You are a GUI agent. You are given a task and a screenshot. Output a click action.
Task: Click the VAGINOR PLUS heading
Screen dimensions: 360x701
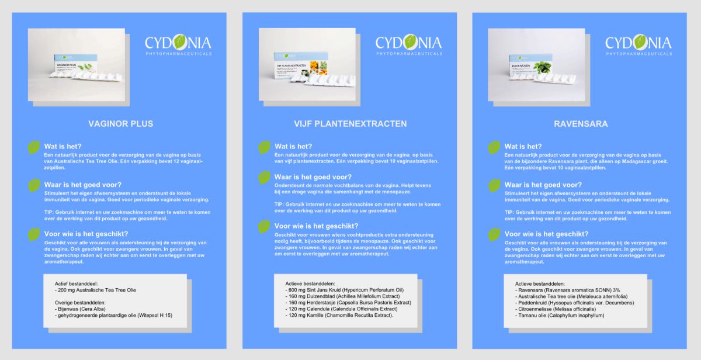coord(120,124)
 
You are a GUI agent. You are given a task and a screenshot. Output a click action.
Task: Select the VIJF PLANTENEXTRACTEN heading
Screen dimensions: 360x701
coord(350,124)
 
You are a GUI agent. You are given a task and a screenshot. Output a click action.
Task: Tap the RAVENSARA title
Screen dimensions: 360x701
coord(580,124)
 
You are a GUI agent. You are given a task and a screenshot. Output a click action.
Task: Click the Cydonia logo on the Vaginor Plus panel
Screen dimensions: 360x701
coord(178,44)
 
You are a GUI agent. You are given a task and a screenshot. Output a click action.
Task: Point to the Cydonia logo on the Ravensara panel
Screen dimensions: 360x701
coord(638,44)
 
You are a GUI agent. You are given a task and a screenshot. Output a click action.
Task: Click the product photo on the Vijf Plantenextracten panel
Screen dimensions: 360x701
coord(307,64)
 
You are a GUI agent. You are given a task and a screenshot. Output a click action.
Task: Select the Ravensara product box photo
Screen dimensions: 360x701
coord(536,64)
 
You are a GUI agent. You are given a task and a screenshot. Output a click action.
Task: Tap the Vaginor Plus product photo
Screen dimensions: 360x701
coord(77,64)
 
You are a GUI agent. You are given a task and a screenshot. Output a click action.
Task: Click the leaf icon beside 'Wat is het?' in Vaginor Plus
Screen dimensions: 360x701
coord(34,148)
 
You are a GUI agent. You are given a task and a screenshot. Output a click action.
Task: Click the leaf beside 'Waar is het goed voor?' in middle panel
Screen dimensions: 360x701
coord(265,178)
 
